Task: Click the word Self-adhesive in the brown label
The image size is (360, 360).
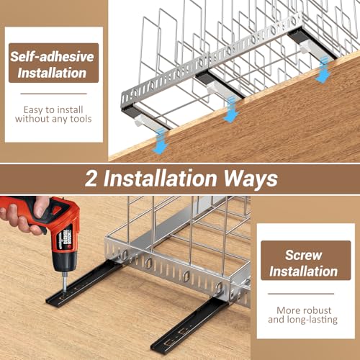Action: [52, 57]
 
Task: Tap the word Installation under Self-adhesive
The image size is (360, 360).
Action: [52, 73]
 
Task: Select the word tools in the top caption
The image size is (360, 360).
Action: [81, 119]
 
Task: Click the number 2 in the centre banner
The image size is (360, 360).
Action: [91, 179]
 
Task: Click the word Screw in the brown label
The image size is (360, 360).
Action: [303, 255]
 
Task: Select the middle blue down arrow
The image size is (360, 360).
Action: [231, 109]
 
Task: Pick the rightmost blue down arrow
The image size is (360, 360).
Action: [323, 70]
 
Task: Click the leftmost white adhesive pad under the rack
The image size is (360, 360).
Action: [146, 121]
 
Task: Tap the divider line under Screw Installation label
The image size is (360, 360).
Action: [301, 294]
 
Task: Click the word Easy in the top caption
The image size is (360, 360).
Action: [33, 110]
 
